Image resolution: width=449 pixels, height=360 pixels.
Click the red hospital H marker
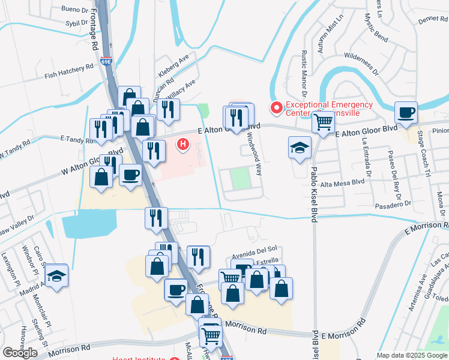point(183,144)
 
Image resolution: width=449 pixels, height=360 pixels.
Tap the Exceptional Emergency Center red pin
point(277,108)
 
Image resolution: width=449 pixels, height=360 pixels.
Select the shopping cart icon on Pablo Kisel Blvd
point(324,122)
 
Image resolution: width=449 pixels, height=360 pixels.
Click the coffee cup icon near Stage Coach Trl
point(406,112)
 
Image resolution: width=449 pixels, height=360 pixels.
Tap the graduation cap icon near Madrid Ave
point(56,275)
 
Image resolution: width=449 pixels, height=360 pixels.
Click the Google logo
point(20,352)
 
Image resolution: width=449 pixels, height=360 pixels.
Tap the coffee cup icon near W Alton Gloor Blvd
point(130,175)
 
